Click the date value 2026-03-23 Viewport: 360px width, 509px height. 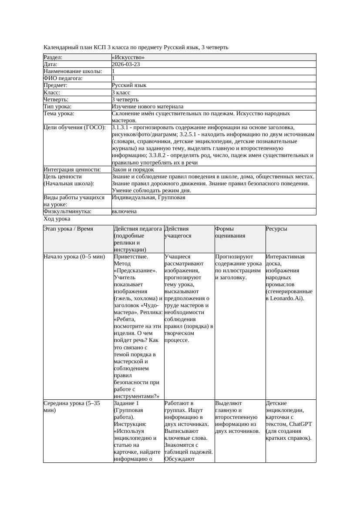click(125, 64)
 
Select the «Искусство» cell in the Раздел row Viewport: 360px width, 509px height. click(128, 57)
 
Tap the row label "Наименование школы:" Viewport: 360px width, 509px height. click(73, 71)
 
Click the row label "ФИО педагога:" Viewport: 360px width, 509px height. click(63, 78)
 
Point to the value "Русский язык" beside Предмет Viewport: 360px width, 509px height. click(129, 85)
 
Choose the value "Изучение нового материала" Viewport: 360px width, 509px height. click(147, 106)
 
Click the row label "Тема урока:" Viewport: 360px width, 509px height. click(59, 114)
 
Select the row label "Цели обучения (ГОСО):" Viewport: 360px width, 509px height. click(74, 127)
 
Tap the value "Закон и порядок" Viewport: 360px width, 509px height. click(132, 169)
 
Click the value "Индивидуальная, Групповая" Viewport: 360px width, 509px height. click(148, 198)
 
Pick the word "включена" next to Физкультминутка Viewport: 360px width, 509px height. click(124, 211)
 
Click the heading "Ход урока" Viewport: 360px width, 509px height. click(57, 219)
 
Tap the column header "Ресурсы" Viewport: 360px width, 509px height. click(276, 228)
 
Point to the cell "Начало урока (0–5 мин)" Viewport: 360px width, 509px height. click(74, 257)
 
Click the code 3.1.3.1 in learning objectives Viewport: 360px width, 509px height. click(122, 127)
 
